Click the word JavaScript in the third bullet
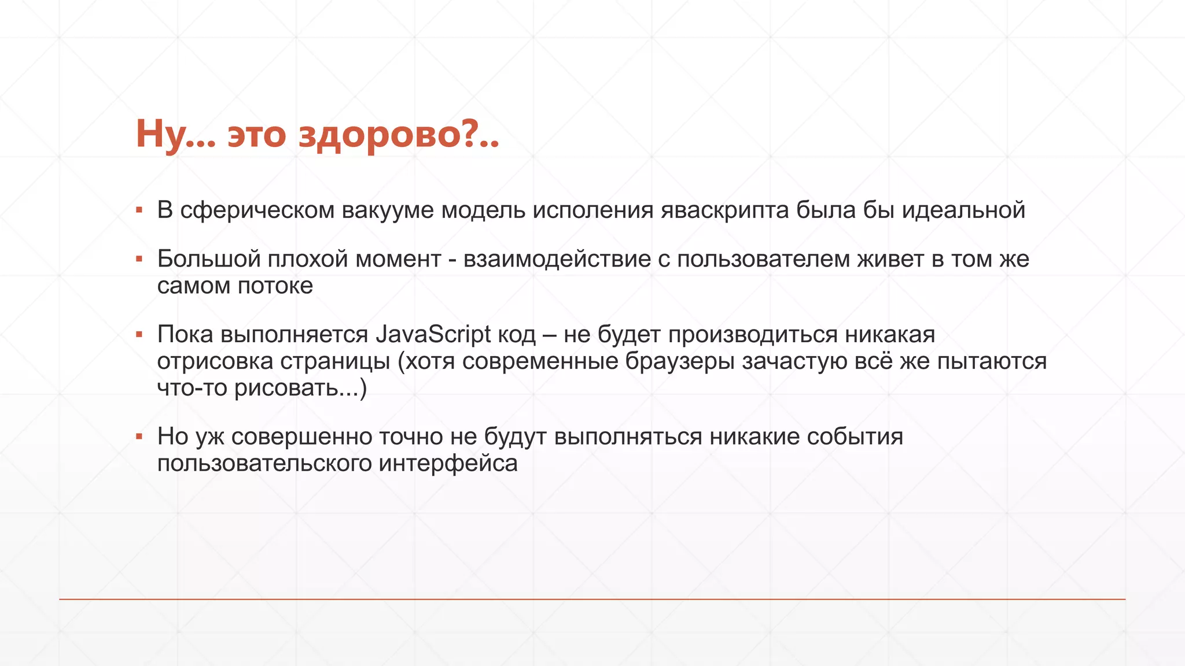coord(433,334)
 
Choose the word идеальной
coord(963,210)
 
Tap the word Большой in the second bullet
coord(209,259)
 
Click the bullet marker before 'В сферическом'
coord(139,210)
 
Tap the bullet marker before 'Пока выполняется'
coord(139,335)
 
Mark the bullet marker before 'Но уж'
coord(139,436)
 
